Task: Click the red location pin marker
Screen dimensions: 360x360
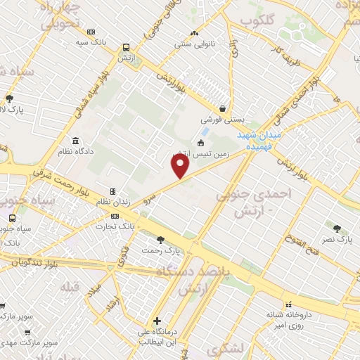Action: pos(181,166)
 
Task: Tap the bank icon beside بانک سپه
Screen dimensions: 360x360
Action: pos(91,32)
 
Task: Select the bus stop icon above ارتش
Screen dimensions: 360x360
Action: pos(125,48)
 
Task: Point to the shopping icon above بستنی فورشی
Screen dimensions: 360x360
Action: pos(223,108)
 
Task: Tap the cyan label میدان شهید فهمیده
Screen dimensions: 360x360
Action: pos(257,139)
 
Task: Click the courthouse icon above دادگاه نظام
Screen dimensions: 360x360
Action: pos(75,141)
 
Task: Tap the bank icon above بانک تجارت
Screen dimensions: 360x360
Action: pos(115,216)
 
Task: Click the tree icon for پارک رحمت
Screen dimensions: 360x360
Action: pos(160,240)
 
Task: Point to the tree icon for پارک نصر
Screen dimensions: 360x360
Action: pos(337,228)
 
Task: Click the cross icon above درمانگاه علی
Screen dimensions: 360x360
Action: pos(157,321)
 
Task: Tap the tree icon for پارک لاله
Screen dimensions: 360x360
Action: pos(9,99)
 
